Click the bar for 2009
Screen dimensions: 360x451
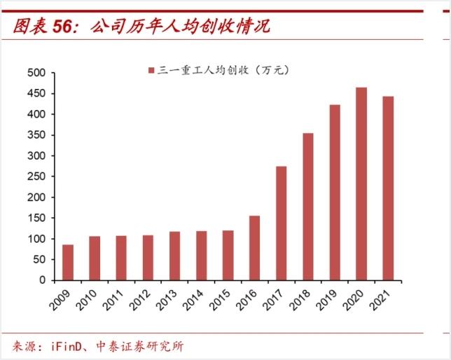pos(68,262)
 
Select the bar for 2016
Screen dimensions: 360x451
pos(254,248)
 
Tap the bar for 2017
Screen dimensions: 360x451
pos(281,223)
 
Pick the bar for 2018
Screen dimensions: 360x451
pos(307,207)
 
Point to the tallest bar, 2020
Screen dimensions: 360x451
pos(361,184)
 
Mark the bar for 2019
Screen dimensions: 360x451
pos(335,192)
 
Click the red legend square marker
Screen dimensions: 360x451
pos(151,71)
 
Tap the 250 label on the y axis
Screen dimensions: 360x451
pos(36,176)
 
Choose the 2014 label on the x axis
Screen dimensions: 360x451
pos(199,300)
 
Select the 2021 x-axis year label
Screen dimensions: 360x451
pos(385,300)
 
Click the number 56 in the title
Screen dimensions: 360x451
pos(63,26)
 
